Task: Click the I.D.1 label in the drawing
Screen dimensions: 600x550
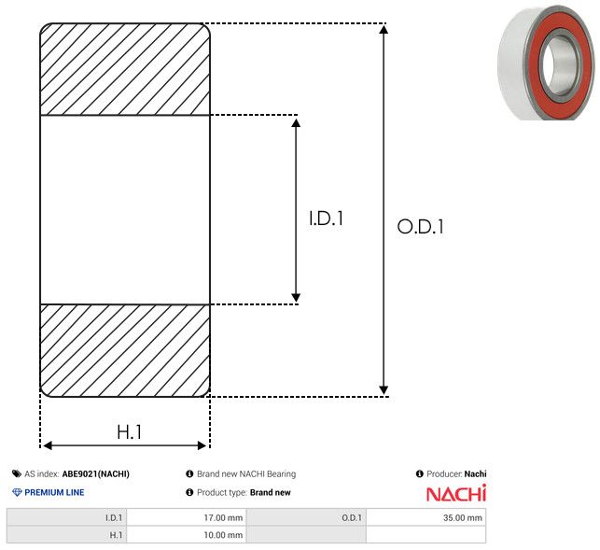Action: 326,219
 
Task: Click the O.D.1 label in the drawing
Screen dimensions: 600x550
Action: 421,226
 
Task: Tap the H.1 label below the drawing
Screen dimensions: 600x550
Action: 130,432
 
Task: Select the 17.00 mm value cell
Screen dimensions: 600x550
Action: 187,517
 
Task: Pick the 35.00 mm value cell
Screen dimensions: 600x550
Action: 426,517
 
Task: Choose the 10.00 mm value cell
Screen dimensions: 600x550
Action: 187,535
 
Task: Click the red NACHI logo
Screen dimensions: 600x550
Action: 456,493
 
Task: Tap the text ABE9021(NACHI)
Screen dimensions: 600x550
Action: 96,473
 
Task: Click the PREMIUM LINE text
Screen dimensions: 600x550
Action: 54,492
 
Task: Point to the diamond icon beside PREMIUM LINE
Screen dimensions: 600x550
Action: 17,492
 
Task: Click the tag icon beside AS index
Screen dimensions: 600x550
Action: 17,473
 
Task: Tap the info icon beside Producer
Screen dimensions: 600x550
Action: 419,473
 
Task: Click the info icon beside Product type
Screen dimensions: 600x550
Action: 189,492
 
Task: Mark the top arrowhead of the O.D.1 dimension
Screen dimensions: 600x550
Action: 384,29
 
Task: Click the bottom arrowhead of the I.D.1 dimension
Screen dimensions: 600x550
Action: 296,298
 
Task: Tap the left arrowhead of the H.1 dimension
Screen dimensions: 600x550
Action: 48,445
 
